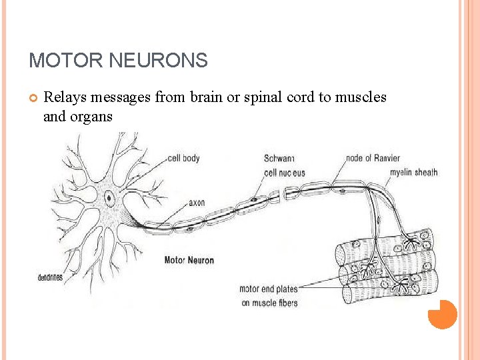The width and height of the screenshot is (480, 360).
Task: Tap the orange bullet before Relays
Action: click(33, 99)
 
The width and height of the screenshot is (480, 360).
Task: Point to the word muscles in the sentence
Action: click(361, 97)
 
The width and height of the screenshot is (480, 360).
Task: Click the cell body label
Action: click(184, 158)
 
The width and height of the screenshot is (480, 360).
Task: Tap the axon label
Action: click(197, 203)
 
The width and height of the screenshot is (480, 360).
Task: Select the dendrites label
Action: click(50, 277)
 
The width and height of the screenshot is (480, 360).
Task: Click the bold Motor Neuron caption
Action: click(189, 260)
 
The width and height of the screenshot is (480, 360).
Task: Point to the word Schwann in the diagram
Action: click(279, 158)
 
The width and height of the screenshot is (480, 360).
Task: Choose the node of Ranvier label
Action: click(373, 158)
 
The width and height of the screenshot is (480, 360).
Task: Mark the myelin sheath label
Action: click(414, 172)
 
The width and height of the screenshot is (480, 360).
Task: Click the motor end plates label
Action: click(269, 289)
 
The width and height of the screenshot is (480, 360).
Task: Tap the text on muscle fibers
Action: click(270, 303)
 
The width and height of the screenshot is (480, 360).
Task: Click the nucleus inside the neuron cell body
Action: click(109, 197)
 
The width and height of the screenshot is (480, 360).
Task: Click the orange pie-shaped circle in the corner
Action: click(442, 314)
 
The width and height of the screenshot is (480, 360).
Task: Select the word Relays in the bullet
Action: click(65, 97)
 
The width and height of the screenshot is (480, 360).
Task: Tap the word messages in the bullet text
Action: click(121, 97)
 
